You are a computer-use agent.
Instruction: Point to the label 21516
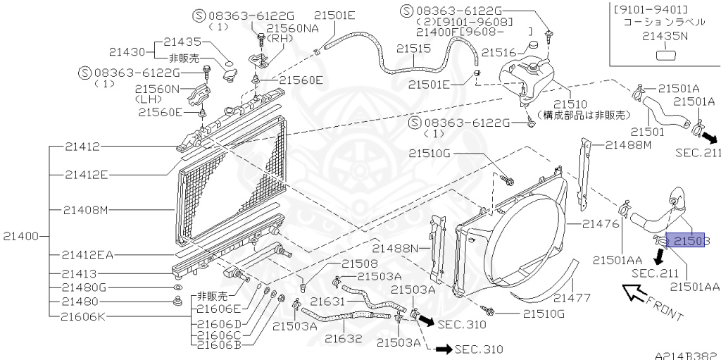(x=500, y=52)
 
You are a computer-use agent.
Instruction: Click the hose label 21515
(x=413, y=49)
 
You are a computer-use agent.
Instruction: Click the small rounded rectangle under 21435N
(x=665, y=56)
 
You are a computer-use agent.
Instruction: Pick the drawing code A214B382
(x=685, y=356)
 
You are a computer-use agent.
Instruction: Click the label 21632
(x=343, y=338)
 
